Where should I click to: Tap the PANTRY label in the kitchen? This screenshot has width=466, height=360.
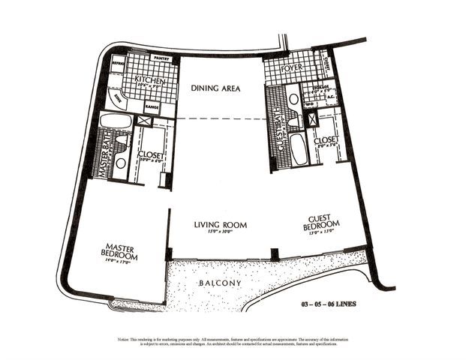tap(161, 58)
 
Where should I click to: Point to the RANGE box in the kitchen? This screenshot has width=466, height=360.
tap(151, 107)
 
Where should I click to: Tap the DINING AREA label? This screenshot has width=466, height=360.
tap(215, 88)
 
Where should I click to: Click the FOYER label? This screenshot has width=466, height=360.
tap(292, 69)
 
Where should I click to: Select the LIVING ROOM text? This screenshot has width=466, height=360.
tap(220, 224)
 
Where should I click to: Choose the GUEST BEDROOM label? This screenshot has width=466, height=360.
tap(322, 223)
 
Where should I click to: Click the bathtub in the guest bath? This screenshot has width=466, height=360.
tap(298, 148)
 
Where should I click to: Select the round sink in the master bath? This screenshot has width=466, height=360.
tap(120, 161)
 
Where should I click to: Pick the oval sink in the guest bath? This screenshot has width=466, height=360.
tap(294, 99)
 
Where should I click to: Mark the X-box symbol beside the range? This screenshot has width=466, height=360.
tap(146, 121)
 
